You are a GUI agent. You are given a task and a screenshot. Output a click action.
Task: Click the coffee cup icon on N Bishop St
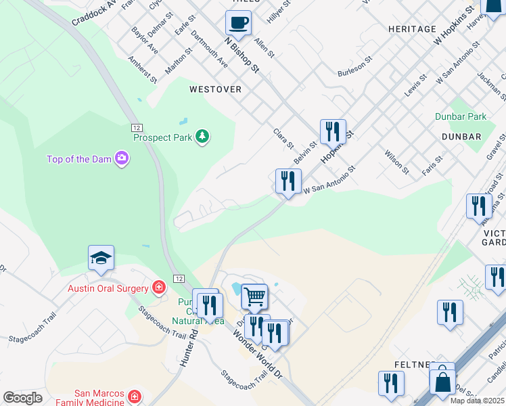click(x=238, y=23)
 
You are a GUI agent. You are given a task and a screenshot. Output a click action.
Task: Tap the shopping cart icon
click(x=254, y=296)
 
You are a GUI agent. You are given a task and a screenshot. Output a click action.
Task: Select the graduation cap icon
click(x=101, y=258)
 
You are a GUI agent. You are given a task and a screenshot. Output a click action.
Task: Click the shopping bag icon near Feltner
click(x=442, y=382)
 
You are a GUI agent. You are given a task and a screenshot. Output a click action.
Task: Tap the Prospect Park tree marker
click(x=202, y=137)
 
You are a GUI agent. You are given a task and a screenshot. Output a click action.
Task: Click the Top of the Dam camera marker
click(x=122, y=159)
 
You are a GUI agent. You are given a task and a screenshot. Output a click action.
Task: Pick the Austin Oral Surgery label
click(x=108, y=288)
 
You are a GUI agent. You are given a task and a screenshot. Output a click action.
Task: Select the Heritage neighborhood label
click(x=412, y=29)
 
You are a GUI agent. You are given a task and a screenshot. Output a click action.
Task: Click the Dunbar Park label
click(x=461, y=116)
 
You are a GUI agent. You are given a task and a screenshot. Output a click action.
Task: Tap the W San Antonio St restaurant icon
click(x=288, y=181)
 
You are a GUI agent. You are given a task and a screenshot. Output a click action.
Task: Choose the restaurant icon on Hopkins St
click(x=333, y=131)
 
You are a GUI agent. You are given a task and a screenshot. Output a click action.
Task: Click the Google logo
click(x=23, y=397)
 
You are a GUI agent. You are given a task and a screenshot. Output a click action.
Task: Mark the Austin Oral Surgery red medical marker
click(x=158, y=288)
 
